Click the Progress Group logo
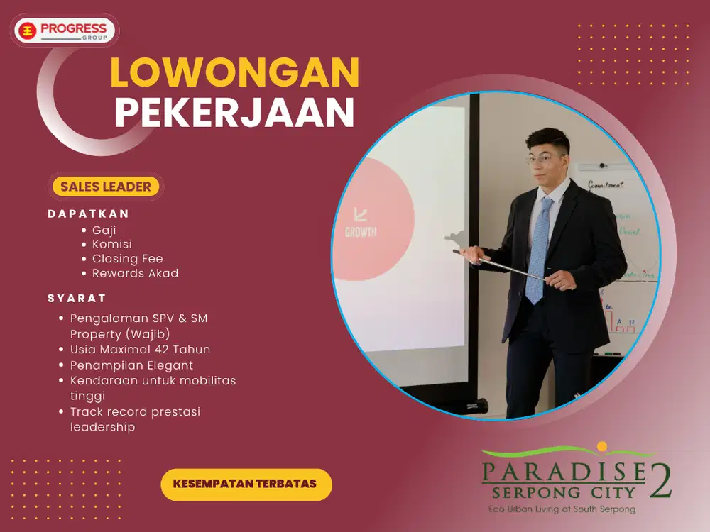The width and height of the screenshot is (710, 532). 65,31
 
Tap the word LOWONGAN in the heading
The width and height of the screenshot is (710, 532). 234,72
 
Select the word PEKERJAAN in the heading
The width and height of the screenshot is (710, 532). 234,113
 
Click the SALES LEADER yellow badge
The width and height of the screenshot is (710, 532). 106,187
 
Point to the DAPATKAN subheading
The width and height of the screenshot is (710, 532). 89,214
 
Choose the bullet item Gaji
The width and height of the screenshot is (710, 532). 104,230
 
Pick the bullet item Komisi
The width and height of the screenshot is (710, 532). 112,244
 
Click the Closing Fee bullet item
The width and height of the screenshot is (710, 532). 128,259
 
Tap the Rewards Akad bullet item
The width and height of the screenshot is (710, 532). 136,273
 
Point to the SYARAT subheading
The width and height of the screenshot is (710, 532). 77,298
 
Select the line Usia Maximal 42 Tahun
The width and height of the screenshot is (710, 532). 140,349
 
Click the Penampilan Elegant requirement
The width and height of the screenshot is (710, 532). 131,365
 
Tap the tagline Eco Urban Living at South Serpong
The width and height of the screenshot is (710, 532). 562,509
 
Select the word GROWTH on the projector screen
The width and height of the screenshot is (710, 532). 361,232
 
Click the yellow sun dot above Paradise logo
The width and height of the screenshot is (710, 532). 603,446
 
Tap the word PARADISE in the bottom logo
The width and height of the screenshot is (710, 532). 563,471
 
